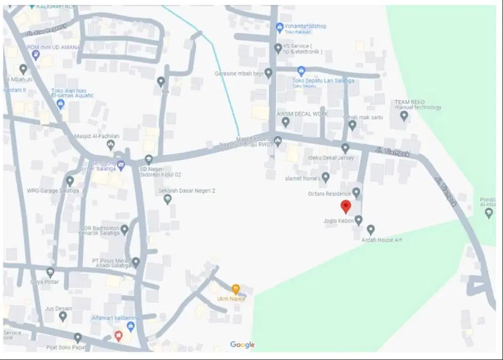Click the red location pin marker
(346, 206)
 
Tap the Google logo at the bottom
(242, 344)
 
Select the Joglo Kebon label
(339, 221)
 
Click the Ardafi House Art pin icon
(371, 229)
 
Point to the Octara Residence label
(330, 194)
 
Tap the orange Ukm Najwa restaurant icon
(235, 289)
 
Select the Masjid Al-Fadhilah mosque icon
(111, 145)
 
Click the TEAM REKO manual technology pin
(404, 116)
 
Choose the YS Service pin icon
(278, 48)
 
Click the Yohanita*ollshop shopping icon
(280, 26)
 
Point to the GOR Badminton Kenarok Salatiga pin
(125, 230)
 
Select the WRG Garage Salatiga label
(53, 191)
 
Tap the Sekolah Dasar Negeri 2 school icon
(167, 200)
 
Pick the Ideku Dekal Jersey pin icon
(345, 148)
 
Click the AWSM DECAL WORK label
(302, 114)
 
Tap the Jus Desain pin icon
(63, 316)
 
